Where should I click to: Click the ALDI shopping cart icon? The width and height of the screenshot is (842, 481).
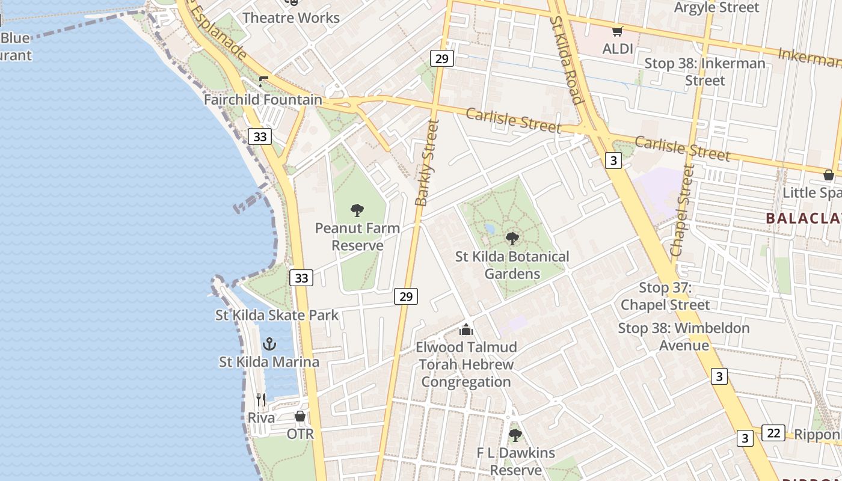point(617,31)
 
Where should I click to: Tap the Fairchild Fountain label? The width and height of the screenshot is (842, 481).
point(263,100)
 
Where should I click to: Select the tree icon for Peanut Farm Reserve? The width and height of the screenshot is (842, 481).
point(357,210)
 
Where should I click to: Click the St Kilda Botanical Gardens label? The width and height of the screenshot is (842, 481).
point(512,265)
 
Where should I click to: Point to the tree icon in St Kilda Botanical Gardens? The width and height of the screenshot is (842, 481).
point(512,239)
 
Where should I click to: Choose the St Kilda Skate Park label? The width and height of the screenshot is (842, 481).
point(277,315)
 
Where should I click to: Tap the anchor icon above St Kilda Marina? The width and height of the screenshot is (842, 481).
point(269,344)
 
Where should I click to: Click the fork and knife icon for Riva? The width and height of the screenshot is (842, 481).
point(261,399)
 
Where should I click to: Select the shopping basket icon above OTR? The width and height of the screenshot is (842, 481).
point(300,416)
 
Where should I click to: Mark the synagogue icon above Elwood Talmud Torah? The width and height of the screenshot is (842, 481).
point(466,329)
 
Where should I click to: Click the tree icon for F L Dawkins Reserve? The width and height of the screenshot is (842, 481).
point(515,435)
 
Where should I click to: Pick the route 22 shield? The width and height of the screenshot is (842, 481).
point(773,433)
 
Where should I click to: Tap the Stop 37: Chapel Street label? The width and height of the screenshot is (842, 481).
point(665,296)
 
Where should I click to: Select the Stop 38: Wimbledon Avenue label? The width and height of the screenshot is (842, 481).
point(684,337)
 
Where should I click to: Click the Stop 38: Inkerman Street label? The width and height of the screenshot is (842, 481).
point(705,72)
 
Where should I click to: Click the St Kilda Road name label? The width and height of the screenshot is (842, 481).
point(567,60)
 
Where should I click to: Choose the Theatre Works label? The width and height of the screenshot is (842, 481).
point(291,17)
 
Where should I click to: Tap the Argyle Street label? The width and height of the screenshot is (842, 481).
point(717,8)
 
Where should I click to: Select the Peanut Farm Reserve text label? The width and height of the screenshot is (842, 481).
point(357,237)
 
